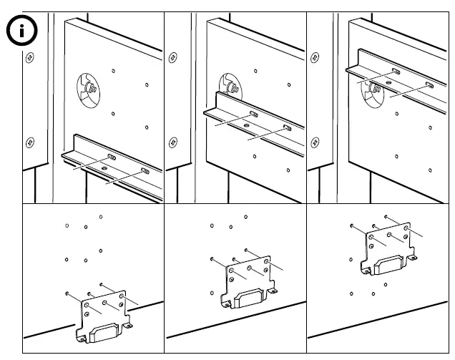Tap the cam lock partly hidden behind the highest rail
374,89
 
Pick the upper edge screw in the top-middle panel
172,58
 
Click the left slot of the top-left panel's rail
112,157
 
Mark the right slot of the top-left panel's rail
145,171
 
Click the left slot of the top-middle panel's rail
253,115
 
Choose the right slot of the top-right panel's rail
429,84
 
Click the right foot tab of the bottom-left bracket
129,326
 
